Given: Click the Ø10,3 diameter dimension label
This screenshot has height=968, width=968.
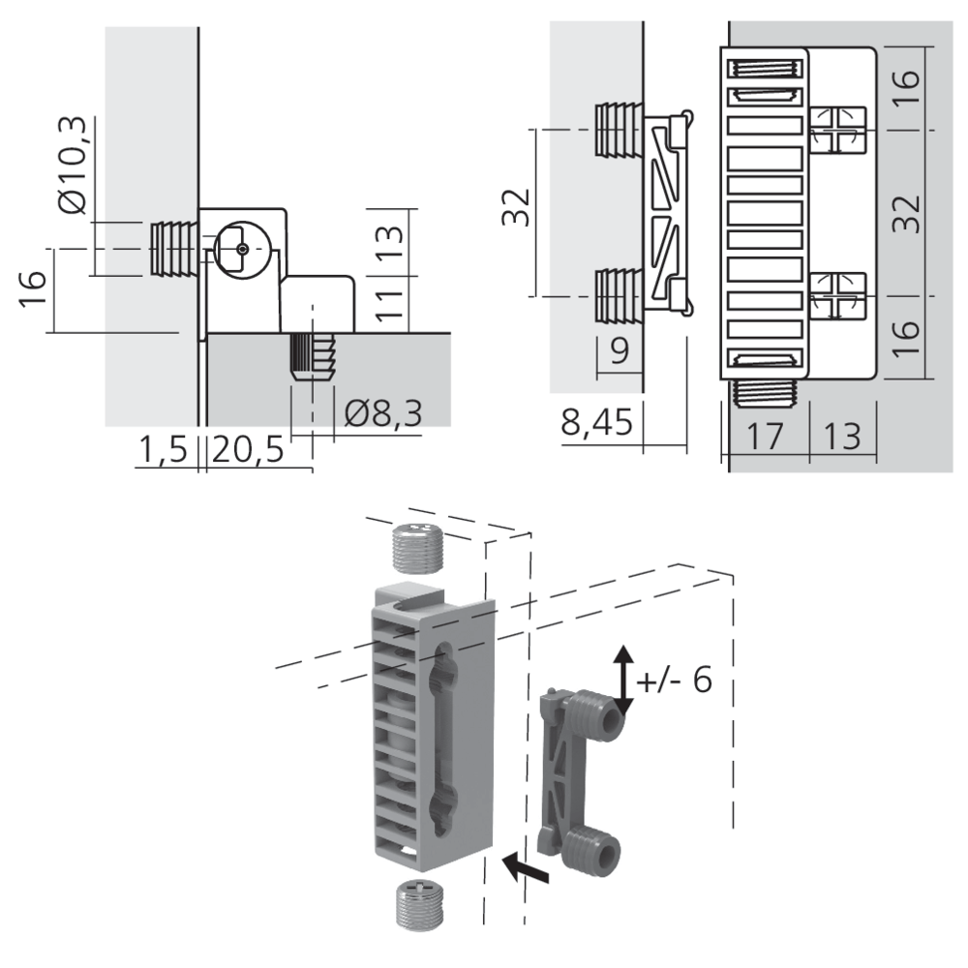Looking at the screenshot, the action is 74,166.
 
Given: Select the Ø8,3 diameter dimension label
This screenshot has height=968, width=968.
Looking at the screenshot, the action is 383,412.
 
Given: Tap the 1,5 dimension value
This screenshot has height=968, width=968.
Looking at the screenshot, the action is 163,449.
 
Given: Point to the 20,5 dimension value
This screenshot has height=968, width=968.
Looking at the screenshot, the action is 248,449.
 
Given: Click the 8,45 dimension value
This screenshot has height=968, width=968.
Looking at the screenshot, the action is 597,423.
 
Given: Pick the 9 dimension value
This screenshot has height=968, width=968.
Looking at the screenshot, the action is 620,350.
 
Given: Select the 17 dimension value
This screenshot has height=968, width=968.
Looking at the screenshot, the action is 765,436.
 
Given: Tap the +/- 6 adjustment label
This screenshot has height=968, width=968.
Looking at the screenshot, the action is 674,681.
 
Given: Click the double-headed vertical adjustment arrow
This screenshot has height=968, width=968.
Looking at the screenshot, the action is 623,681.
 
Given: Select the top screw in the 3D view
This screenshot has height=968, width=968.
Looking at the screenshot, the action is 417,548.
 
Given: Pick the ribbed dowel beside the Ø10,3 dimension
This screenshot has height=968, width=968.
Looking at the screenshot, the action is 174,249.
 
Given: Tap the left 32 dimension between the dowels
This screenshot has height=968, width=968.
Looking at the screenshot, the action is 517,207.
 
